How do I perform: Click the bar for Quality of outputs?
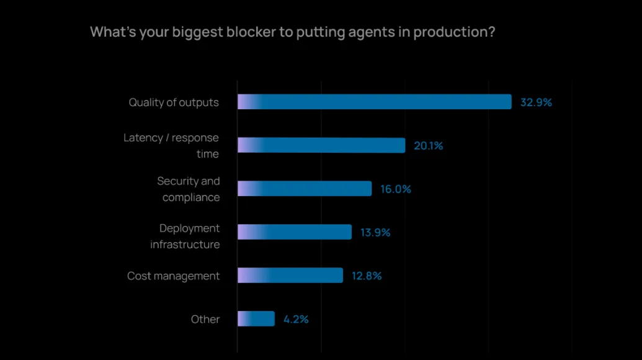pos(374,102)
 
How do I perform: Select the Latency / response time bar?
pos(321,145)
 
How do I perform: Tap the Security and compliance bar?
pos(305,189)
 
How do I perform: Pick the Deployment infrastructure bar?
pos(295,232)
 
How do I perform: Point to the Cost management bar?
pos(290,276)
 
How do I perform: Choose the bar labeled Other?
pos(256,319)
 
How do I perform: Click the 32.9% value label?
pos(536,102)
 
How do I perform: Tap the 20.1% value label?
pos(429,146)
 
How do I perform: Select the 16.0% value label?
pos(396,189)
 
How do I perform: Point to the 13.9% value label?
pos(375,233)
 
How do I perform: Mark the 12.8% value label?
pos(367,276)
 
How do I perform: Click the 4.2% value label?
pos(296,320)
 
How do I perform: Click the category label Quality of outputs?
pos(174,102)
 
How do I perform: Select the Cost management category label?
pos(173,276)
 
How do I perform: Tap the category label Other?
pos(205,319)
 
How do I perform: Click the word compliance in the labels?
pos(191,197)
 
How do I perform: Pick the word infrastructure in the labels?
pos(185,245)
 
